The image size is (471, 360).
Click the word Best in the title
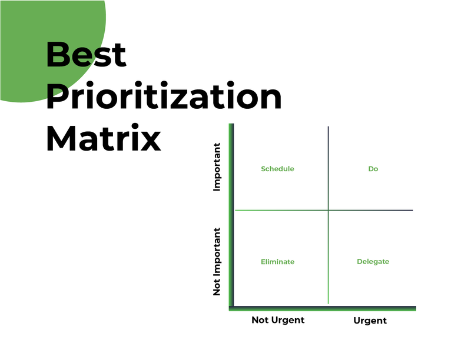[x=86, y=55]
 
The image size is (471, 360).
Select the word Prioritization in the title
[x=164, y=98]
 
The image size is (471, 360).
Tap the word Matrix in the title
[x=104, y=139]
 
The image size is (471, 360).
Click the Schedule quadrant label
[x=277, y=169]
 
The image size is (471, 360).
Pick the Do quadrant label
[x=373, y=169]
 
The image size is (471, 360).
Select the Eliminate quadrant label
[x=277, y=262]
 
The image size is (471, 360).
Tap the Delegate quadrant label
[x=373, y=262]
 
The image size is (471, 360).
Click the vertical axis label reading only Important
[x=217, y=167]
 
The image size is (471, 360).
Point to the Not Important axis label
[x=217, y=262]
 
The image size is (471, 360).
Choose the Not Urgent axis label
[x=278, y=320]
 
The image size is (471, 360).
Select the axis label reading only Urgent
[x=370, y=321]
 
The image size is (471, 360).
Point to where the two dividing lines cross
[x=328, y=210]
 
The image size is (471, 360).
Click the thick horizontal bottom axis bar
[x=324, y=308]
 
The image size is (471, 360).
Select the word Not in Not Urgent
[x=260, y=320]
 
